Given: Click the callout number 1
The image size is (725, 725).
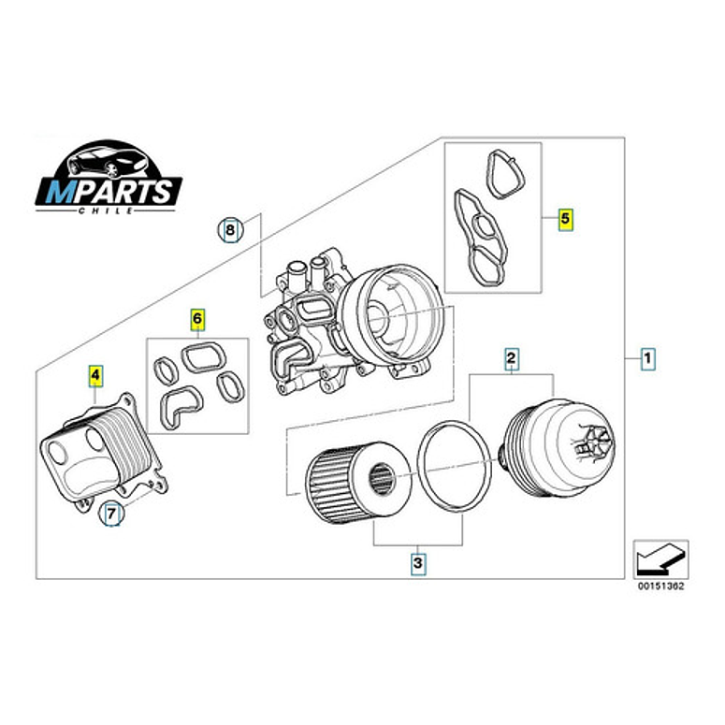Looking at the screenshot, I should (x=647, y=356).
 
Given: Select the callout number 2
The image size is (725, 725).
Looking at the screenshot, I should (x=511, y=356).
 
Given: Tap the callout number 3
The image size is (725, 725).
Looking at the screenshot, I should (x=418, y=563).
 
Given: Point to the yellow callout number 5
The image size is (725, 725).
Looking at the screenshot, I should (x=565, y=220).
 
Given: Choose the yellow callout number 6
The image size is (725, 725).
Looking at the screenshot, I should (x=197, y=320).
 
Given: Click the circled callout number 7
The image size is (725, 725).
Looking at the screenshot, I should (x=111, y=513).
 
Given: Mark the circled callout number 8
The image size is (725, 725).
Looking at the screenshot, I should (x=230, y=228).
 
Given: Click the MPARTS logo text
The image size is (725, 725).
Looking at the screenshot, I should (x=109, y=192).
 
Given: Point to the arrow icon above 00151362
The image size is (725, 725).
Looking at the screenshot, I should (x=660, y=559).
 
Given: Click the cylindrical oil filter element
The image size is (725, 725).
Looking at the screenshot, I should (x=353, y=483).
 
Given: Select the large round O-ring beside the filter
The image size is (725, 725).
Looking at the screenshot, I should (x=455, y=464).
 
